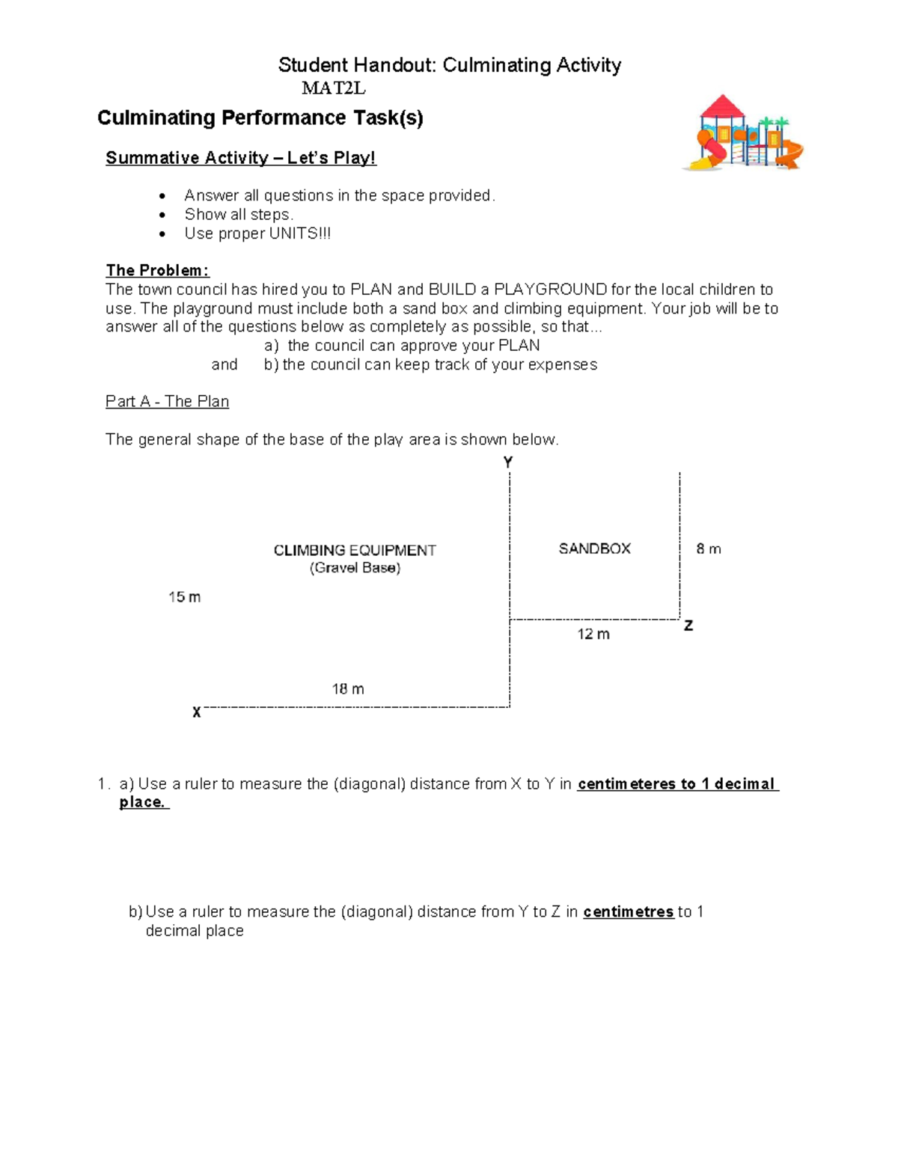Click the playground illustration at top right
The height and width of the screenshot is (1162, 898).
[x=742, y=133]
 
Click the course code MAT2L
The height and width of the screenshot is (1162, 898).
[x=333, y=88]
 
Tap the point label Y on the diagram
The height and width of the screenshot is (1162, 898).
[x=508, y=462]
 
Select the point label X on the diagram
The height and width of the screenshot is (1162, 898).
[x=196, y=712]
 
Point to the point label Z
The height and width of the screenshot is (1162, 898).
[x=688, y=626]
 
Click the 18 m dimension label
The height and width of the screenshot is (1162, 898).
[x=348, y=689]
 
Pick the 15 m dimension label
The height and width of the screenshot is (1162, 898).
[x=184, y=597]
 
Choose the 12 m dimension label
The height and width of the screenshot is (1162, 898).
[x=593, y=634]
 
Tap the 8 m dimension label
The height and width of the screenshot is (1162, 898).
[x=709, y=549]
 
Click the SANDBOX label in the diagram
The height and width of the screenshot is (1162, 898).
[x=594, y=548]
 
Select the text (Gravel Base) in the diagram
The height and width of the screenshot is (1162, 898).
[x=355, y=568]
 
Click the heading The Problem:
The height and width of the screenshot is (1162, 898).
[x=157, y=270]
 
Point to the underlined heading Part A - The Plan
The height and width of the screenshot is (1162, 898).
[x=167, y=402]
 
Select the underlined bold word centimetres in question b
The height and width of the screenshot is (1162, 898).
[x=629, y=912]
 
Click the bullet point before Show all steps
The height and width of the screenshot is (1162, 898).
[x=162, y=215]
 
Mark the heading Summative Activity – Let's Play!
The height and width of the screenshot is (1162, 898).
[x=240, y=158]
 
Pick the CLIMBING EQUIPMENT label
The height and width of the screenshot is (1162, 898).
[x=355, y=551]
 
